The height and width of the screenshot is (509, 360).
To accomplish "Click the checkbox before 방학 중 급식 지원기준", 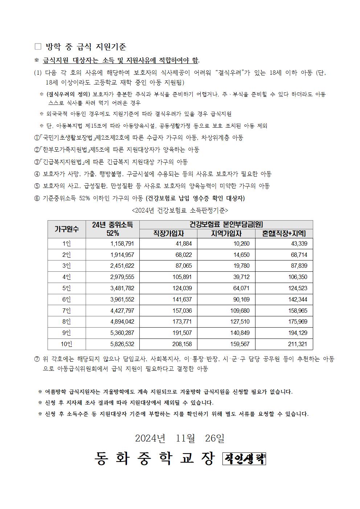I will [38, 47].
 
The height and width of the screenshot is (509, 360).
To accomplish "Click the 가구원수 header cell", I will [67, 229].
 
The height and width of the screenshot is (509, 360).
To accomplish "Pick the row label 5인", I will [67, 288].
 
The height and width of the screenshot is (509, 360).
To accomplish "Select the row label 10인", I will [67, 344].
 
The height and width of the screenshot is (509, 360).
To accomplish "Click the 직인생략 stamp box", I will [244, 459].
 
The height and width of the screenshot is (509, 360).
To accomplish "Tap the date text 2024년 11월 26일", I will [180, 438].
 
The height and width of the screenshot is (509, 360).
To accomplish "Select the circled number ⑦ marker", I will [37, 359].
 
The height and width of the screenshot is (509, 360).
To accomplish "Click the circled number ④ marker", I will [37, 174].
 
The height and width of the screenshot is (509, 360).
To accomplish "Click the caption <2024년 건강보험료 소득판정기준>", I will [180, 210].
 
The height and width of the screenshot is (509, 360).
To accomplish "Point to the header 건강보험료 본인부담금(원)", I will [226, 224].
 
